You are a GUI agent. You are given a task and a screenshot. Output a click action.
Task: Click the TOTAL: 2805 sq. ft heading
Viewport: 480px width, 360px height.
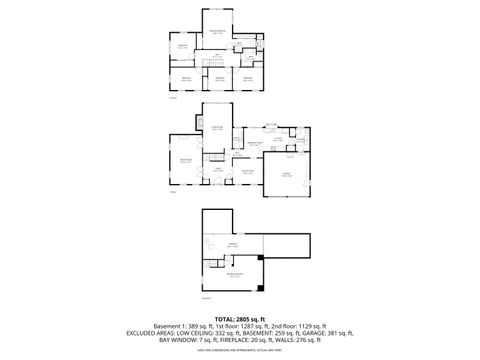[240, 317]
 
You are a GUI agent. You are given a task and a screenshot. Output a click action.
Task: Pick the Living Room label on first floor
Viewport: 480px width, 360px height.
[185, 160]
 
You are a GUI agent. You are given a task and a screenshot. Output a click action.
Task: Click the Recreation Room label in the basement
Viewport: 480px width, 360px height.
[233, 274]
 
